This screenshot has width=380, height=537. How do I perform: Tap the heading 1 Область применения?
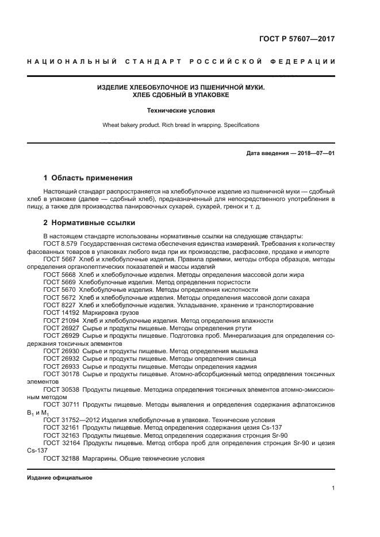pyautogui.click(x=89, y=178)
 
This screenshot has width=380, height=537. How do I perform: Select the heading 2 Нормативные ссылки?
pyautogui.click(x=90, y=223)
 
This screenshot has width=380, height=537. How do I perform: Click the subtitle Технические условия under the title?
pyautogui.click(x=181, y=110)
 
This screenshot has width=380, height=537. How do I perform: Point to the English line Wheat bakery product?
pyautogui.click(x=181, y=125)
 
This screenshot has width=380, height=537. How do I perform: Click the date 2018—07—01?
pyautogui.click(x=316, y=153)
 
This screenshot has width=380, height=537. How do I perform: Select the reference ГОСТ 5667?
pyautogui.click(x=59, y=260)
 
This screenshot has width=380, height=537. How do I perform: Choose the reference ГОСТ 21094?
pyautogui.click(x=60, y=320)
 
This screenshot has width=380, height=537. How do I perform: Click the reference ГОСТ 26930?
pyautogui.click(x=60, y=351)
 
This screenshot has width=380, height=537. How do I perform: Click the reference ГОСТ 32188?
pyautogui.click(x=60, y=458)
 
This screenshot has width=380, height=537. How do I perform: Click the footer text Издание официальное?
pyautogui.click(x=59, y=478)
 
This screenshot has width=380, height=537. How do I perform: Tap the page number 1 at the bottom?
pyautogui.click(x=333, y=488)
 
